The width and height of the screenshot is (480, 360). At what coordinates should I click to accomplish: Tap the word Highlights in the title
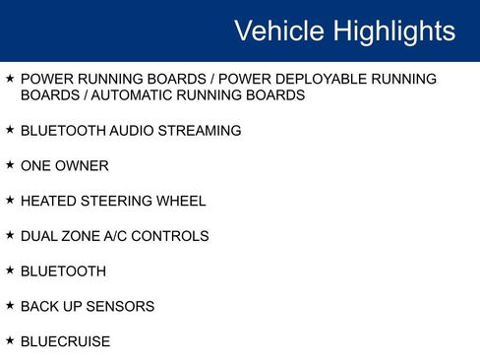(394, 31)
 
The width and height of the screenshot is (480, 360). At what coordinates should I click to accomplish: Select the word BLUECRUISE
(65, 341)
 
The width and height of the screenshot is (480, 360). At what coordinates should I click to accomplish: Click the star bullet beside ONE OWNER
(10, 165)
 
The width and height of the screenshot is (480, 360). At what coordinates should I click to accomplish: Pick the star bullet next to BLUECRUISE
(10, 340)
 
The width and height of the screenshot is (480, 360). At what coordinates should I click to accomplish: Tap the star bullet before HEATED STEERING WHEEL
(10, 200)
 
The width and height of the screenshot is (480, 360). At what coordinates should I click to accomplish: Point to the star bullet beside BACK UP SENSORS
(10, 305)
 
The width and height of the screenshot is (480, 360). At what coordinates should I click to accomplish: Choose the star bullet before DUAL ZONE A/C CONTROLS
(10, 235)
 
